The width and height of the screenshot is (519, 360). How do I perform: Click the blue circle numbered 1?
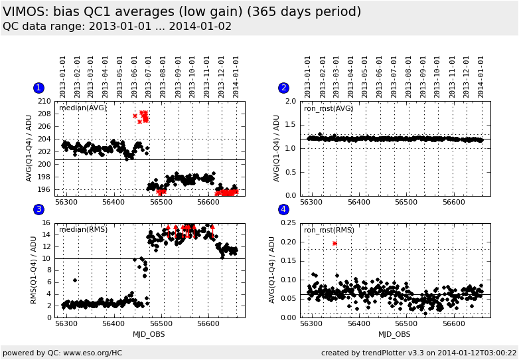pos(38,88)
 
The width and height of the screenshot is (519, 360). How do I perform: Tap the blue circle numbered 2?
pos(283,88)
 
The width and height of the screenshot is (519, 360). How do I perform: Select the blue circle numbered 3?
pos(38,209)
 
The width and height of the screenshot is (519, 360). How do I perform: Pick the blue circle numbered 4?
pos(283,209)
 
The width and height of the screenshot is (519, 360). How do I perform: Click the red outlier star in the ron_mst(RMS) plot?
pos(334,243)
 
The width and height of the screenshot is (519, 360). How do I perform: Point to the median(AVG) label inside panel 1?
pos(82,108)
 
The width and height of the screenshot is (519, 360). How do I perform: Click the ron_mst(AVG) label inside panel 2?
pos(329,108)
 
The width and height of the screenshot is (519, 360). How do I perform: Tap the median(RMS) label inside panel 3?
pos(83,230)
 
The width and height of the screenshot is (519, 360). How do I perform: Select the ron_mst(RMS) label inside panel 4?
pos(329,230)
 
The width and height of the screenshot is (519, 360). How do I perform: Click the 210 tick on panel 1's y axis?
pos(44,102)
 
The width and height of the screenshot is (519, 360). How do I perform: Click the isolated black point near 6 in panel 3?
pos(75,280)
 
